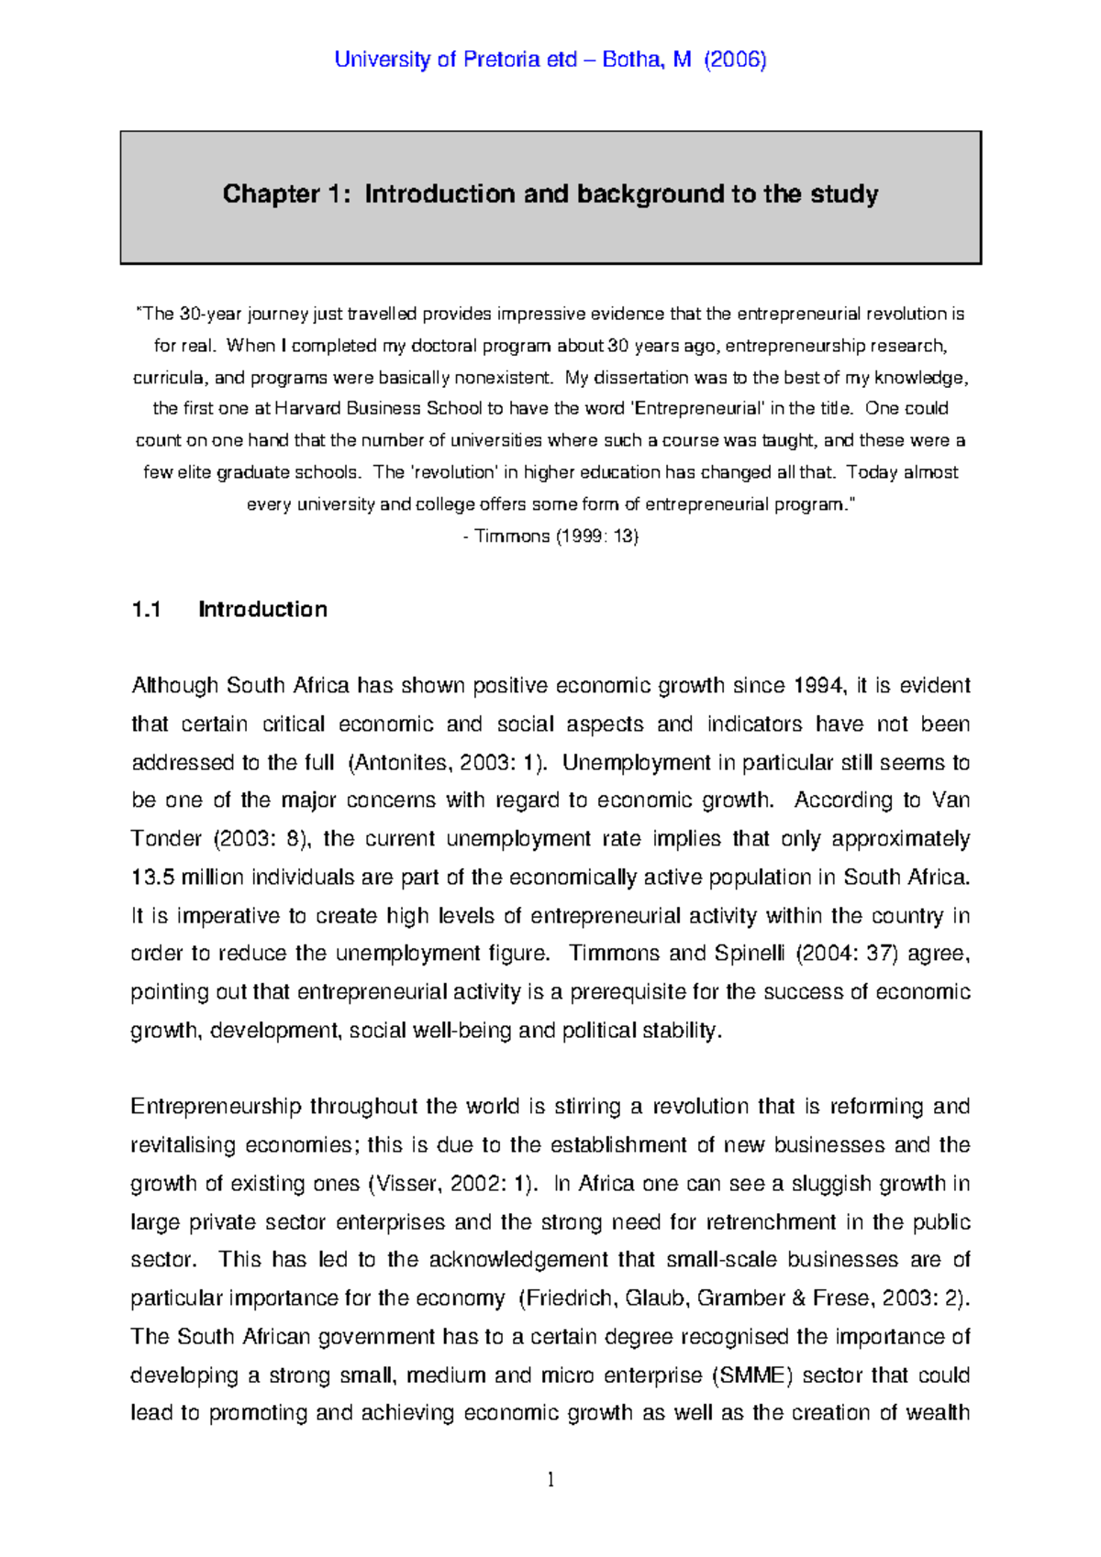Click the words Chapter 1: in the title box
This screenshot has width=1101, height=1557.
point(286,194)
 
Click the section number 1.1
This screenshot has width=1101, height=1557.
point(147,610)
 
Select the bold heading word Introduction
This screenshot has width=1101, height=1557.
point(262,610)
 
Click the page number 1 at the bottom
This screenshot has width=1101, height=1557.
point(550,1479)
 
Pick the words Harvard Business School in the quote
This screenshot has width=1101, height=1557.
point(378,409)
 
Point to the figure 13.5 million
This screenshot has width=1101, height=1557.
point(187,878)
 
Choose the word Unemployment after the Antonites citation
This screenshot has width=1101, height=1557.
point(636,763)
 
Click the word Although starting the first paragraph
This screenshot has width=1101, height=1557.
point(174,686)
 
